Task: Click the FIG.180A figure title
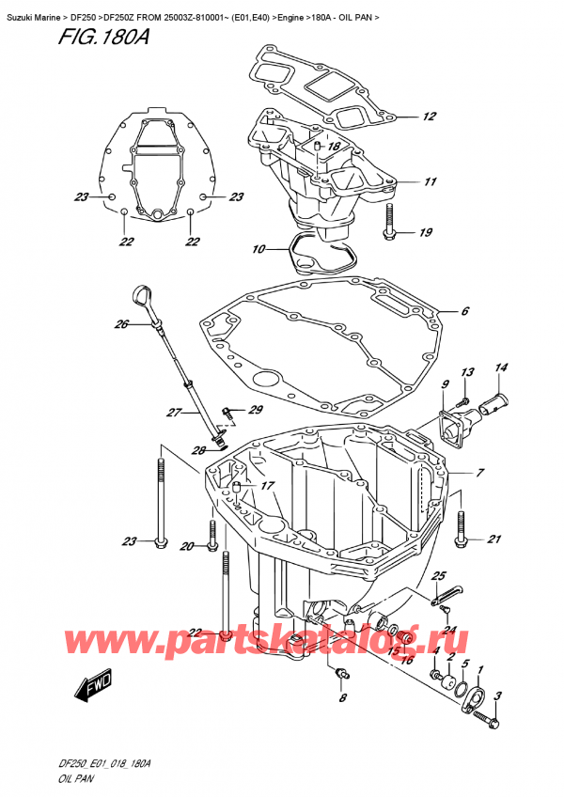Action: coord(102,37)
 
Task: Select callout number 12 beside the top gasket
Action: coord(430,117)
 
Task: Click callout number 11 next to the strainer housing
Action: coord(431,181)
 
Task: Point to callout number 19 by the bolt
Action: coord(426,233)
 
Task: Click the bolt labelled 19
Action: coord(389,220)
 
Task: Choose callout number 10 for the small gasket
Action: coord(258,250)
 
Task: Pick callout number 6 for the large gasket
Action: coord(464,310)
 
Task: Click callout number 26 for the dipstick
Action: coord(121,323)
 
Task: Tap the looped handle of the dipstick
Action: coord(144,296)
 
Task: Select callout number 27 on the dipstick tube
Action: coord(174,413)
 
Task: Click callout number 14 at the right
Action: coord(501,367)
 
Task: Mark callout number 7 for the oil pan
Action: coord(479,473)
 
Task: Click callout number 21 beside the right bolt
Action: coord(493,539)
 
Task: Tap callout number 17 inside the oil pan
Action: coord(268,486)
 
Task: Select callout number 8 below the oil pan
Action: coord(343,698)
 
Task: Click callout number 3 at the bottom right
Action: coord(498,695)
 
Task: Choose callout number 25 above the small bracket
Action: coord(438,576)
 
